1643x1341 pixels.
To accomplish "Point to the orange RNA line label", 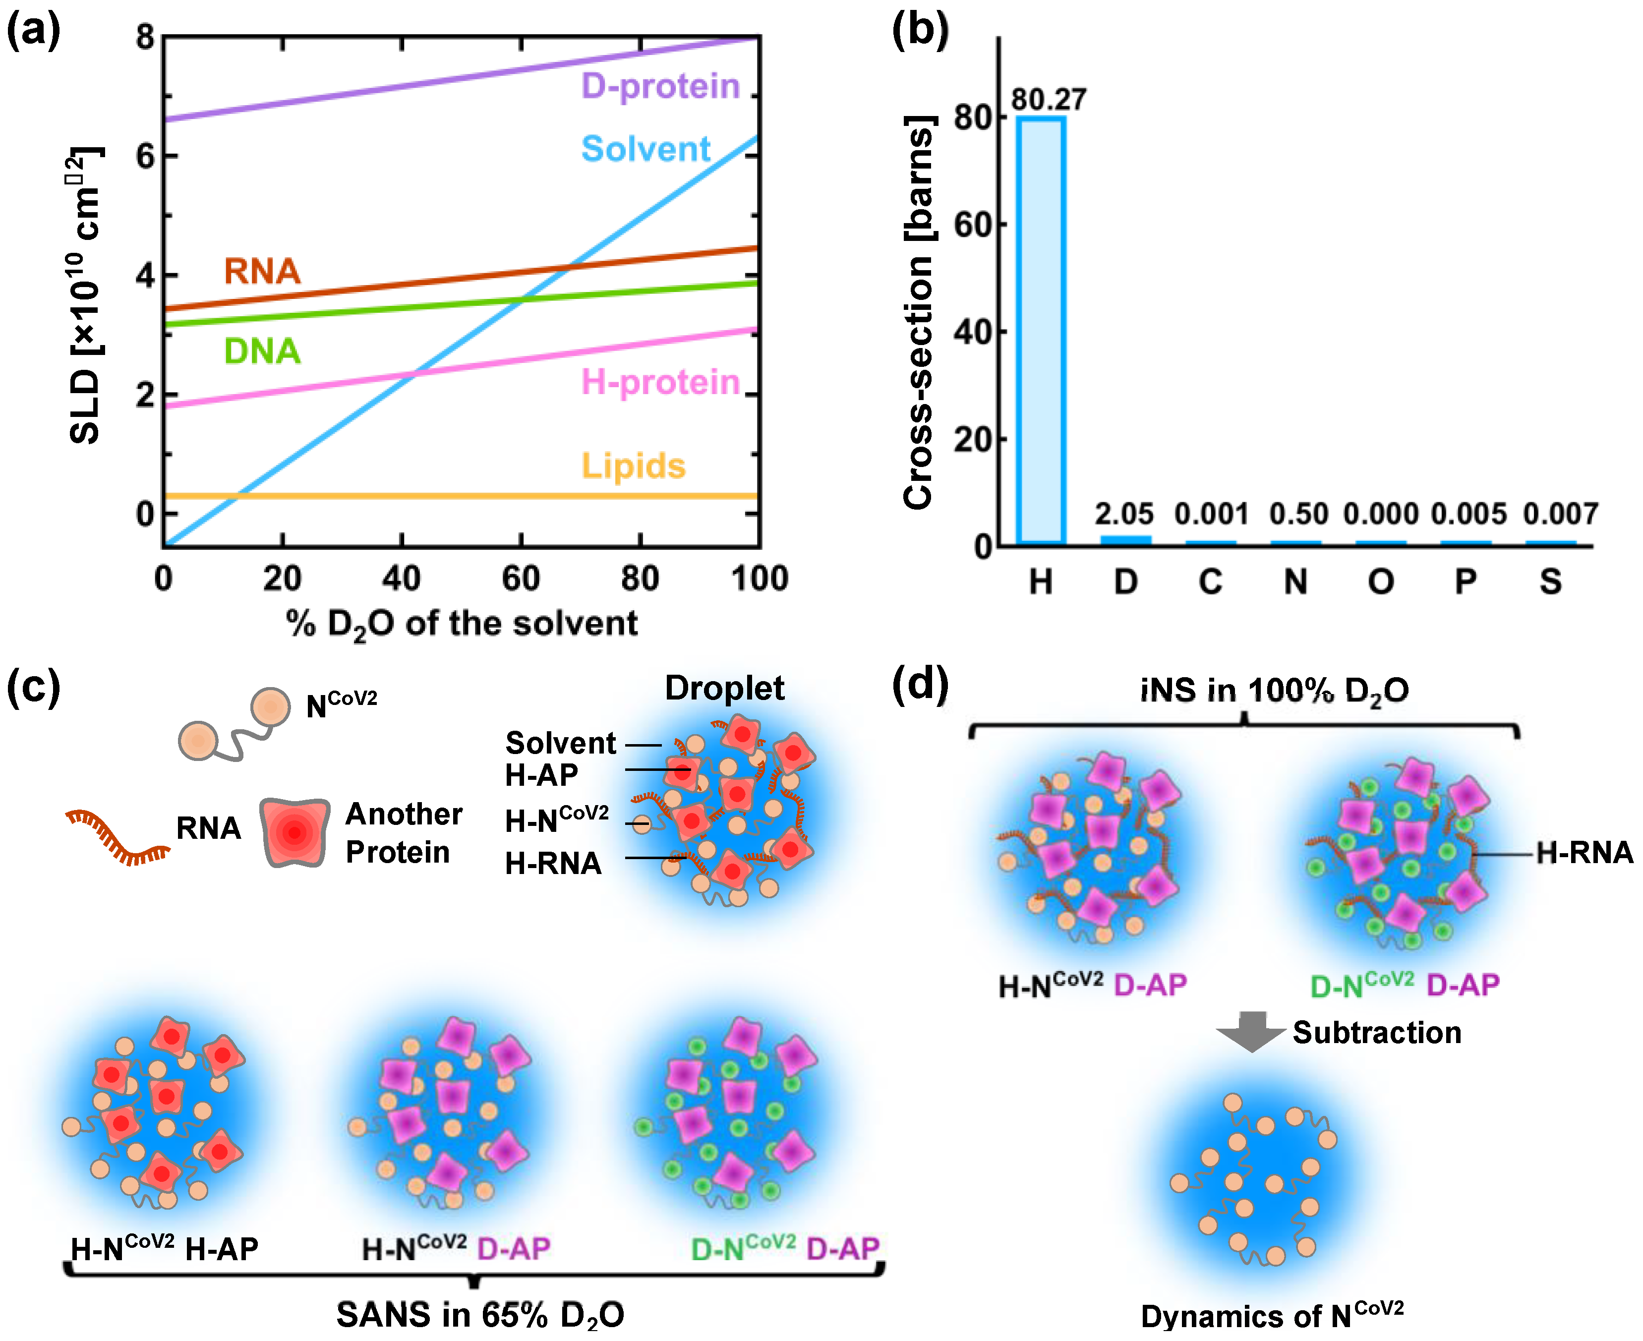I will (262, 271).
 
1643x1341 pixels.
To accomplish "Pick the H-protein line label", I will (660, 382).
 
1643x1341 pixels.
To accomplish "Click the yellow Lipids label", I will (634, 466).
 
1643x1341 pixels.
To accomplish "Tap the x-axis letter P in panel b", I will (1466, 581).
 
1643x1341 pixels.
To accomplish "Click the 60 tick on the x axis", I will (521, 579).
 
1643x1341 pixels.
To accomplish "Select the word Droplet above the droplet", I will (724, 688).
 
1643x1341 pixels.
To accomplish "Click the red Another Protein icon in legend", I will (295, 832).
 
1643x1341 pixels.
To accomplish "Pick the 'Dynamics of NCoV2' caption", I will (1272, 1315).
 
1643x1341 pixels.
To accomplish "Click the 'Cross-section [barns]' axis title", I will (919, 312).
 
